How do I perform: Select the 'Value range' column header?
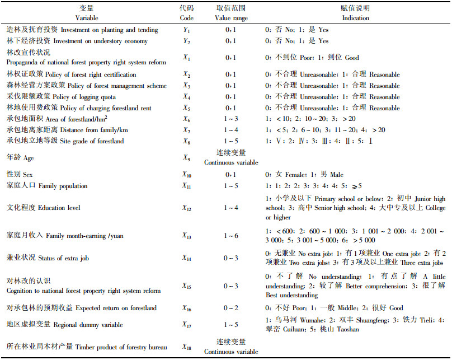click(230, 17)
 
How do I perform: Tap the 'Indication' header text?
click(355, 17)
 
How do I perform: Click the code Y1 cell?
click(187, 30)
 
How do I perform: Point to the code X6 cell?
click(187, 119)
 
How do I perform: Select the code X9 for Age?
click(187, 158)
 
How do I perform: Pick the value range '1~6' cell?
click(230, 235)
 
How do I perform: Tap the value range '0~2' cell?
click(230, 308)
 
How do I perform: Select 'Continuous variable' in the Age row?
click(230, 162)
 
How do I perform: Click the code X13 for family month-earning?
click(187, 235)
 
